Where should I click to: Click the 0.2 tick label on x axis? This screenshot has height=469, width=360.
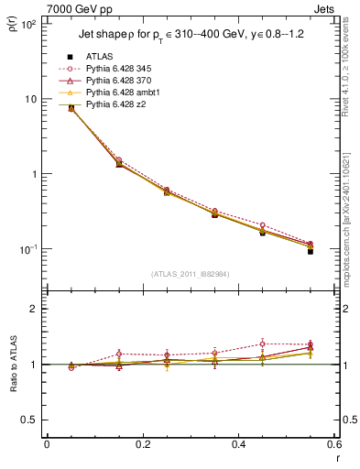[142, 445]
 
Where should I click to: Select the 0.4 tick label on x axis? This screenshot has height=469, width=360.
[238, 445]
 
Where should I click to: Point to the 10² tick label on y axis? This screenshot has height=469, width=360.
[28, 24]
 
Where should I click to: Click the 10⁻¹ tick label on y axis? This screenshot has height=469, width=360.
[28, 249]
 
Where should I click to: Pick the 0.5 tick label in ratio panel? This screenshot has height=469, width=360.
[28, 420]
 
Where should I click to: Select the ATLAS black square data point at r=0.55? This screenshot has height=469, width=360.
[311, 251]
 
